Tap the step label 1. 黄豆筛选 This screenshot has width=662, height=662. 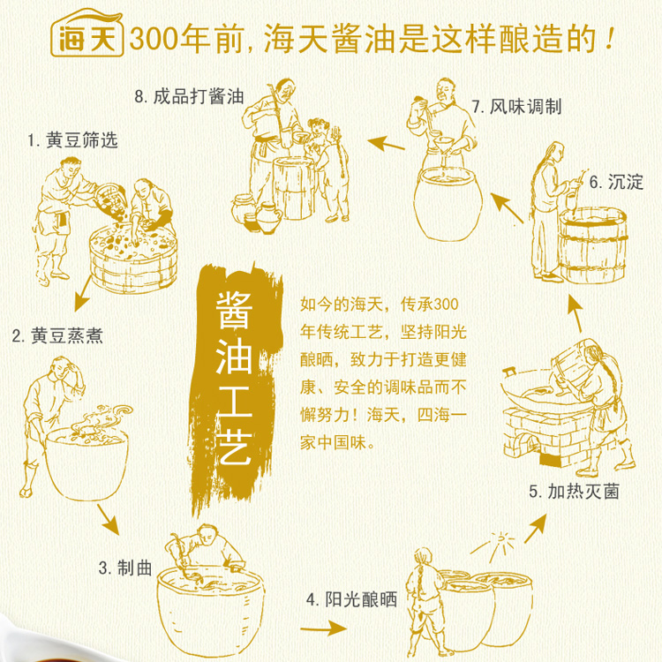point(72,140)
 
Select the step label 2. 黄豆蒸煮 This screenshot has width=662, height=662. point(57,336)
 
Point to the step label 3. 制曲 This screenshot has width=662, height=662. point(125,568)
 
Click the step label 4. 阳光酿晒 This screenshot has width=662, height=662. point(351,599)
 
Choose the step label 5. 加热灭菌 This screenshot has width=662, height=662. point(575,492)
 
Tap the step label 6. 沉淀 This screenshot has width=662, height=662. point(616,183)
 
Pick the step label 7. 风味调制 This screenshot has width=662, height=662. point(516,107)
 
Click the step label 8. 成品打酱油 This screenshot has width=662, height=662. point(190,96)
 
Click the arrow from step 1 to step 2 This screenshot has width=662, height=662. point(83,293)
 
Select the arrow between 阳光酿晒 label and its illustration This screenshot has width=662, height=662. point(324,628)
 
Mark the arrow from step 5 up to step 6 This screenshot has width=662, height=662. point(575,313)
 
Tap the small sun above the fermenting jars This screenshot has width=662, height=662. point(500,539)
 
